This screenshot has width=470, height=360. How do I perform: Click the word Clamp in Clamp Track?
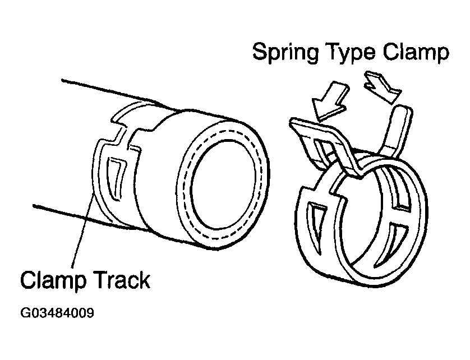(x=53, y=280)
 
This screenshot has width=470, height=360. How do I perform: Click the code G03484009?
(x=58, y=312)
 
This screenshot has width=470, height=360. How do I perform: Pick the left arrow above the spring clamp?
(x=330, y=100)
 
